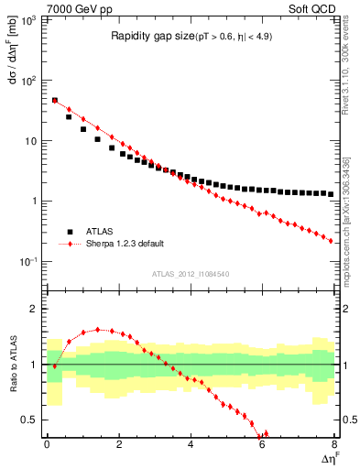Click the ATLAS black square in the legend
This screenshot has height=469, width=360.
pyautogui.click(x=70, y=232)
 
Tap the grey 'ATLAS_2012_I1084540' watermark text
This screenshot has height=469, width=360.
pyautogui.click(x=191, y=273)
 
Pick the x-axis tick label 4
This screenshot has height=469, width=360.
pyautogui.click(x=191, y=444)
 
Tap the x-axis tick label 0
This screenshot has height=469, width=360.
pyautogui.click(x=47, y=444)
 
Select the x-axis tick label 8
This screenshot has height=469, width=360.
pyautogui.click(x=333, y=444)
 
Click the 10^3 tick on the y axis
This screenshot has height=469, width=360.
pyautogui.click(x=29, y=19)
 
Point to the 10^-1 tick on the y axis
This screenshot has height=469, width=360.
pyautogui.click(x=29, y=262)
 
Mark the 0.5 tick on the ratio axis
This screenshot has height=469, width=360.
pyautogui.click(x=31, y=420)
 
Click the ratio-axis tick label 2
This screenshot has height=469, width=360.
pyautogui.click(x=35, y=309)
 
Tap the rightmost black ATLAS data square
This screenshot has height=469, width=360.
pyautogui.click(x=331, y=194)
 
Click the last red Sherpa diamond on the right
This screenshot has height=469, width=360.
pyautogui.click(x=331, y=241)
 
